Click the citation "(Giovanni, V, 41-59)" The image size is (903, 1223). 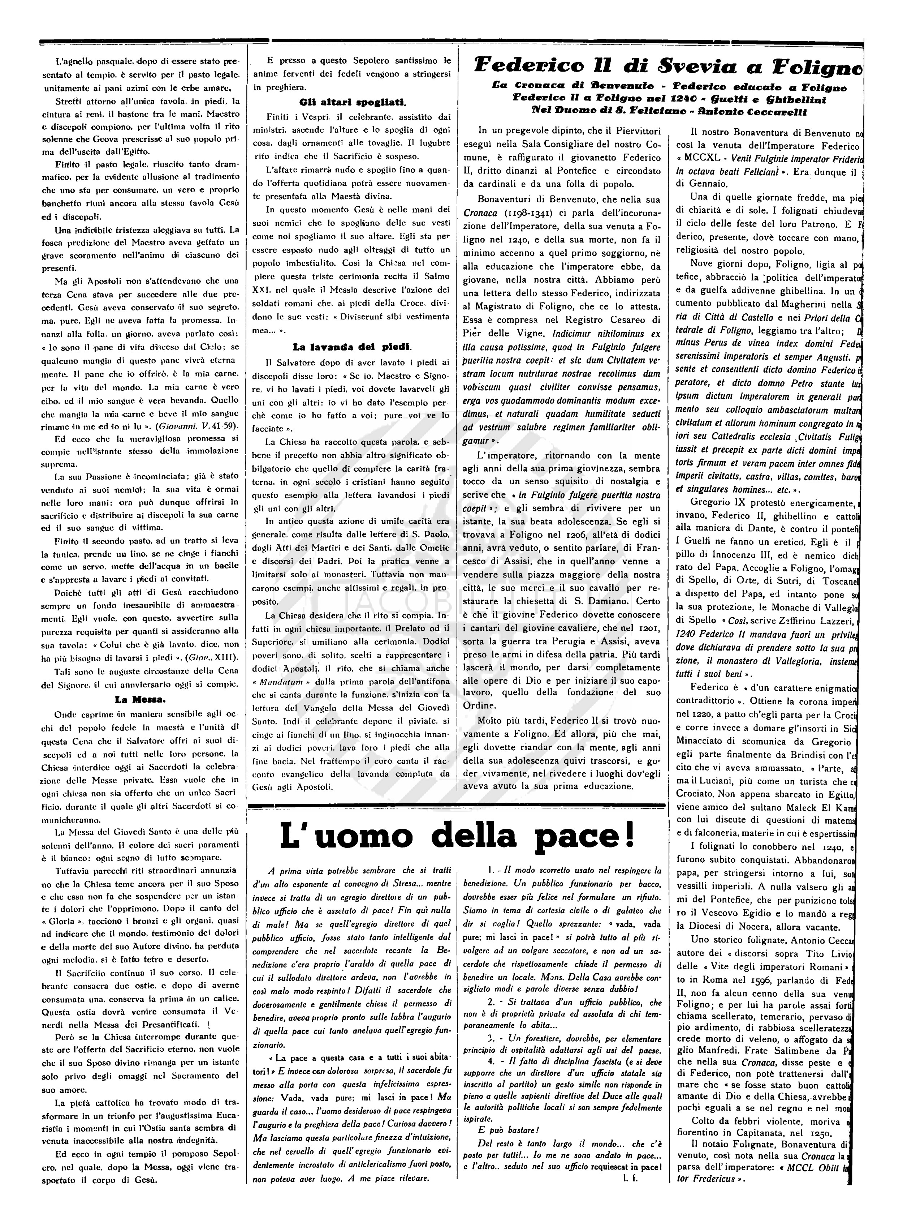point(190,424)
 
